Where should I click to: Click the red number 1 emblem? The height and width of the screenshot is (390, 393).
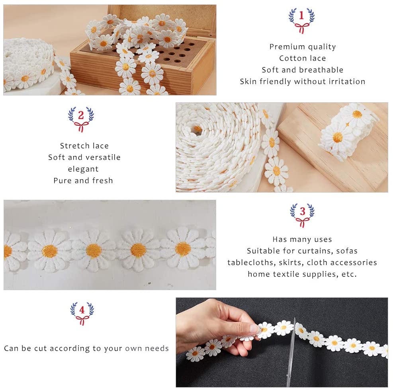[x=301, y=21]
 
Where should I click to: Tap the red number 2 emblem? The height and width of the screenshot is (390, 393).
[x=81, y=119]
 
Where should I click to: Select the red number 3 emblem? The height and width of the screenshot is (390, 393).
[x=302, y=215]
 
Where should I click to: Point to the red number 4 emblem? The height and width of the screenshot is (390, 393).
[x=82, y=313]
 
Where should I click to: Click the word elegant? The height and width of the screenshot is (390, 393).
[x=83, y=169]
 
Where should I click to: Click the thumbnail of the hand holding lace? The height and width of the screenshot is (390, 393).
[x=282, y=342]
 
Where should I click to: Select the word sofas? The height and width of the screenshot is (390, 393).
[x=347, y=251]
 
